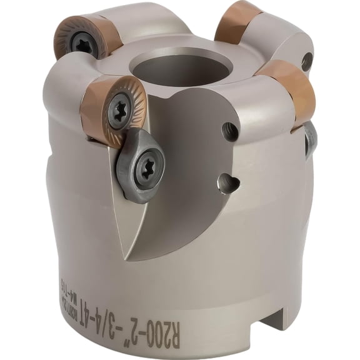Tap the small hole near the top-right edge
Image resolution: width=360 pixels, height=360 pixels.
tap(306, 61)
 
